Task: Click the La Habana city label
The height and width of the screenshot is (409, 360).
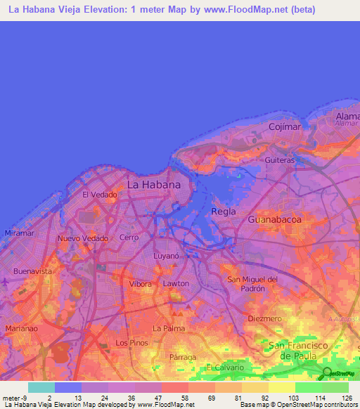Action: click(x=153, y=185)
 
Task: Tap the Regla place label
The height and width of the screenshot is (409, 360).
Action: click(x=224, y=212)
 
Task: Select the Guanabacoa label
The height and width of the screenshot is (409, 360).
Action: click(x=275, y=220)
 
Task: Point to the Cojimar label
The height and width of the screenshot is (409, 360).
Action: click(x=285, y=126)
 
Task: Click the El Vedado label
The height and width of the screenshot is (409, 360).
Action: click(x=100, y=195)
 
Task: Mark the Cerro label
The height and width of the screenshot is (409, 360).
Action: click(x=130, y=238)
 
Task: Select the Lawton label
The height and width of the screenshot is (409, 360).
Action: click(x=176, y=283)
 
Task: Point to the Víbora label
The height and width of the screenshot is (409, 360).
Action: click(x=141, y=284)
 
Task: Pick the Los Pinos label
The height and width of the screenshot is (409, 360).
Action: click(x=131, y=343)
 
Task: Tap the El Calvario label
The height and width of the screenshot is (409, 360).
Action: click(x=226, y=368)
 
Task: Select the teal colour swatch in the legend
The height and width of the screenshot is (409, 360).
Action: click(x=41, y=387)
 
